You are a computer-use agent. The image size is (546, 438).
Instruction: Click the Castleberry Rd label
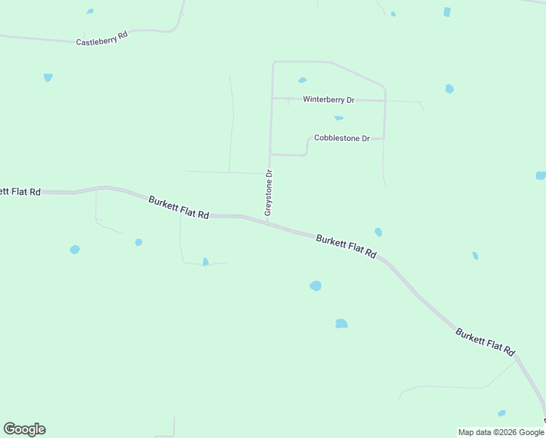(101, 38)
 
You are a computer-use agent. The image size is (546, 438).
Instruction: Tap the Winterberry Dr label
(328, 99)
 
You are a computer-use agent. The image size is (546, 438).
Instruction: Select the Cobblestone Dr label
(342, 138)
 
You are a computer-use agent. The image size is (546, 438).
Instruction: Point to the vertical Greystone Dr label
(269, 193)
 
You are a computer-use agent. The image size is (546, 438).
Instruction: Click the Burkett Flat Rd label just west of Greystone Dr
(179, 207)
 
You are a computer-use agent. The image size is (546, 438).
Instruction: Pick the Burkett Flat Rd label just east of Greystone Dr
(347, 247)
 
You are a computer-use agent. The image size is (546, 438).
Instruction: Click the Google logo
(24, 429)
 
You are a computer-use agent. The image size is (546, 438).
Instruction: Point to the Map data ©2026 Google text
(501, 432)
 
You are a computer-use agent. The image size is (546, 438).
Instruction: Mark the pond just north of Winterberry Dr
(302, 80)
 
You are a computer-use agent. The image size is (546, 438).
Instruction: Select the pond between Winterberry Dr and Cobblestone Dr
(338, 118)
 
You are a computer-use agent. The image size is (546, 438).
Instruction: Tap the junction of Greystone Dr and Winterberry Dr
(272, 98)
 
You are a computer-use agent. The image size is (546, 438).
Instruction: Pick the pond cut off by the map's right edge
(541, 175)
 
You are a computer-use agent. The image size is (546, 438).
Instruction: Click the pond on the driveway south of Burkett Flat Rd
(205, 261)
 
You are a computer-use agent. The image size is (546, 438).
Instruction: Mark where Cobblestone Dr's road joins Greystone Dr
(271, 155)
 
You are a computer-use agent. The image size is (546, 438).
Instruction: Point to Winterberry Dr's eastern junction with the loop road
(385, 100)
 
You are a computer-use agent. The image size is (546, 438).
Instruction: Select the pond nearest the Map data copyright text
(501, 413)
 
